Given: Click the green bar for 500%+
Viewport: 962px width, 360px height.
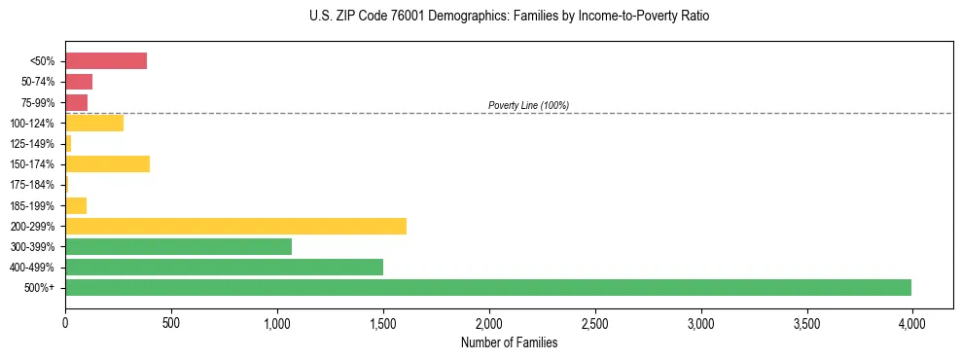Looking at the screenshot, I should [488, 287].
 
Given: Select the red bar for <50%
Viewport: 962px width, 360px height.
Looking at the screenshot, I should [106, 61].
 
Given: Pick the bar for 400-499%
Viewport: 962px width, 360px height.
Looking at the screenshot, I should [224, 267].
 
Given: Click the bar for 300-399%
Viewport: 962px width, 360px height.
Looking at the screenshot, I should [178, 246].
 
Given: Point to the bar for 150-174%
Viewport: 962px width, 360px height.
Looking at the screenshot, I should [107, 163].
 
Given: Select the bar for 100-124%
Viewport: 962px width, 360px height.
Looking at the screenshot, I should [94, 123].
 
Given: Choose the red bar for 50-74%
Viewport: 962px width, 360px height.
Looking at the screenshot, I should [79, 82].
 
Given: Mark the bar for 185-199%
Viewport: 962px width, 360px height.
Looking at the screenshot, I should [76, 205].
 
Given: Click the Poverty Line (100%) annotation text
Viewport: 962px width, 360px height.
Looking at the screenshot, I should [528, 105].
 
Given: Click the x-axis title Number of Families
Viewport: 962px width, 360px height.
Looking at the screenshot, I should [509, 342].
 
